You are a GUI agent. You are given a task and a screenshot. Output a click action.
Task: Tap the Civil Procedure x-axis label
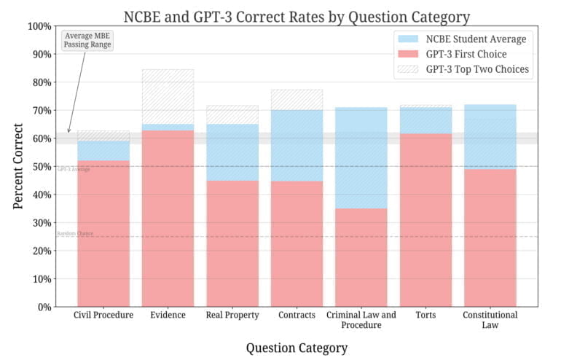[103, 316]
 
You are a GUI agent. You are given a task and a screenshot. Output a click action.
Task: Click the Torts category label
[425, 316]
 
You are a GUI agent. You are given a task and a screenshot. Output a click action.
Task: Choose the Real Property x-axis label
[232, 316]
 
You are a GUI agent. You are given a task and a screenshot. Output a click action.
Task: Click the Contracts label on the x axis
[297, 316]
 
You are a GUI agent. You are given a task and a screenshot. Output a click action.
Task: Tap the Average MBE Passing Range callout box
[89, 40]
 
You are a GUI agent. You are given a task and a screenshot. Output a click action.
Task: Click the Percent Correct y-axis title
[19, 166]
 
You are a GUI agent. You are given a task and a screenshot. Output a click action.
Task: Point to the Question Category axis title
[296, 347]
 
